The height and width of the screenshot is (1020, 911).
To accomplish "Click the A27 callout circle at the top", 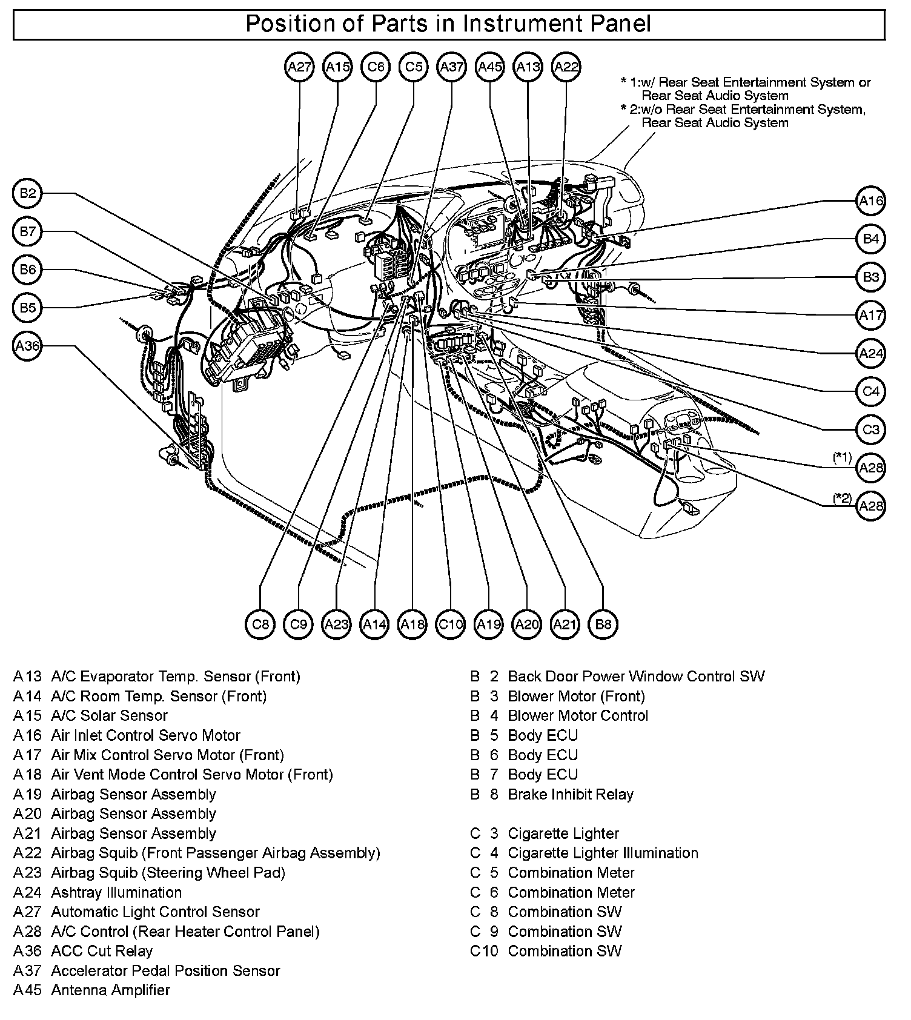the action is [299, 67].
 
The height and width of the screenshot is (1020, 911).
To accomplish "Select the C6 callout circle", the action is [376, 67].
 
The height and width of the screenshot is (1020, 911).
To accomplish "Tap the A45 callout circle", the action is [490, 67].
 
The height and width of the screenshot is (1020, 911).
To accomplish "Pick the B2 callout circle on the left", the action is [27, 194].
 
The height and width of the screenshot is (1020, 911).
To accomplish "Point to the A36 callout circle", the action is [27, 346].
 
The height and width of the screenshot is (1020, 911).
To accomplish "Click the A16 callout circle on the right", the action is [871, 201].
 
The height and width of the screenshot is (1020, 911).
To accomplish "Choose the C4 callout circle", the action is [871, 391].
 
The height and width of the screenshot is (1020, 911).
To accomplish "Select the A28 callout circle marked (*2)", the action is [871, 506].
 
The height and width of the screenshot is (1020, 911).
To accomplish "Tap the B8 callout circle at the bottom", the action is [603, 624].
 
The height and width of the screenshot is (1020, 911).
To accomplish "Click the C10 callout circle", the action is [451, 624].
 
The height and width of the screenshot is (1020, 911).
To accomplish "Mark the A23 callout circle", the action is [336, 624].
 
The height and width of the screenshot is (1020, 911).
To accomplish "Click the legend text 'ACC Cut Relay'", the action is [102, 951].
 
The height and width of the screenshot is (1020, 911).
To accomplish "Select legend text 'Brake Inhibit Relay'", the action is [571, 794].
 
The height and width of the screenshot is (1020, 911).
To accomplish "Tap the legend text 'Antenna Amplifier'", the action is [110, 990].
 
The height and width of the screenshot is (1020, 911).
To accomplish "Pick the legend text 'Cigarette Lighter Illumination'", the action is [603, 853].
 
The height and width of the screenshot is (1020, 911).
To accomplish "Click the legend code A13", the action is [28, 677].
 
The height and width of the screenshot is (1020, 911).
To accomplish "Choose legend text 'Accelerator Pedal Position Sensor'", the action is [165, 971].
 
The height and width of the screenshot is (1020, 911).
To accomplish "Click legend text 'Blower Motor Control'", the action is [578, 716].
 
